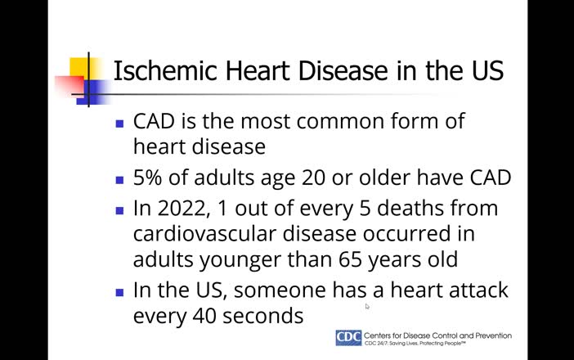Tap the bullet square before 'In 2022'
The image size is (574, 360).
coord(120,210)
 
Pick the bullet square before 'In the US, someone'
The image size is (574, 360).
coord(120,292)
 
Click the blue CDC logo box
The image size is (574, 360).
coord(348,338)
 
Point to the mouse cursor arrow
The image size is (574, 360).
coord(367,306)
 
